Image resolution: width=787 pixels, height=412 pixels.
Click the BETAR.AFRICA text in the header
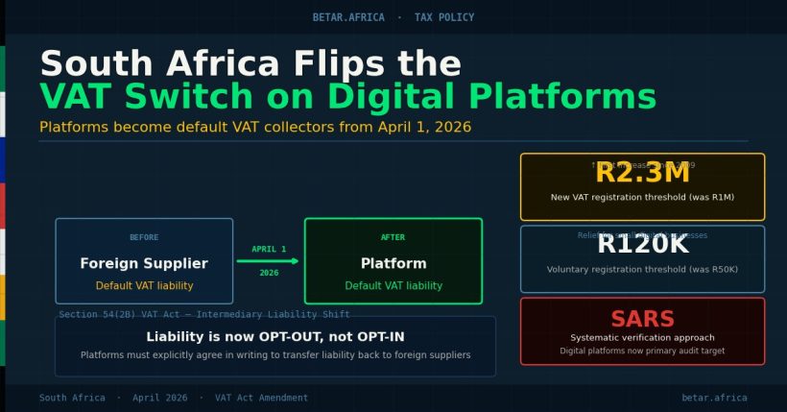tap(348, 17)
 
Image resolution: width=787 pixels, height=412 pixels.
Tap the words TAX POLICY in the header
tap(443, 17)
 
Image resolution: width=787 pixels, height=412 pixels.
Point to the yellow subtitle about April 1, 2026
tap(255, 128)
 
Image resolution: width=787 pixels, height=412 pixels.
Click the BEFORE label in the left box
tap(144, 237)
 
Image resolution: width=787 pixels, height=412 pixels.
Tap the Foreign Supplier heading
tap(144, 263)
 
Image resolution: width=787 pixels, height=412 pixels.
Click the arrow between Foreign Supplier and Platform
tap(269, 260)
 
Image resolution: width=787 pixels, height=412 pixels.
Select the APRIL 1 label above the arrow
tap(269, 250)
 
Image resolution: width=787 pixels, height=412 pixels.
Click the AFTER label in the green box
tap(393, 237)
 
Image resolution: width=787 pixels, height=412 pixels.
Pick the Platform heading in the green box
tap(393, 263)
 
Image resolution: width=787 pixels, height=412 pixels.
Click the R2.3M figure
tap(642, 174)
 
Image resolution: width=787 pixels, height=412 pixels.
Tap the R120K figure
tap(642, 245)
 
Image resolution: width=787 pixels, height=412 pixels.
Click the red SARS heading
tap(642, 320)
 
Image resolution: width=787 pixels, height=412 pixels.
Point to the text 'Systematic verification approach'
tap(642, 338)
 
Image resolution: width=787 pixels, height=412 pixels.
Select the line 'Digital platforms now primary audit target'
tap(642, 351)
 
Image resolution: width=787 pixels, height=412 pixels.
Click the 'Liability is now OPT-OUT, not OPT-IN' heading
tap(275, 336)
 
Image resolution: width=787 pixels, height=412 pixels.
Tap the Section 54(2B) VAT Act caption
tap(204, 314)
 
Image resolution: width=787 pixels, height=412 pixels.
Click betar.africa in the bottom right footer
tap(714, 398)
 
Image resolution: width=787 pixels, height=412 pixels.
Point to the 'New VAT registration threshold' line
tap(642, 198)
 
